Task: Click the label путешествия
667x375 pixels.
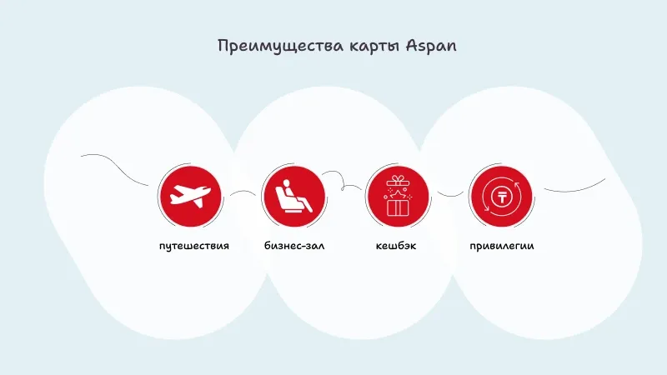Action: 193,247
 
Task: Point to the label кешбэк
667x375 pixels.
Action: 397,247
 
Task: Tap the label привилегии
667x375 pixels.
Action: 501,247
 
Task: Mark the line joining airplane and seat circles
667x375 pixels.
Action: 243,193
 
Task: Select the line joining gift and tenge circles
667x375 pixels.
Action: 449,195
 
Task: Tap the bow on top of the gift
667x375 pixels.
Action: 397,180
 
